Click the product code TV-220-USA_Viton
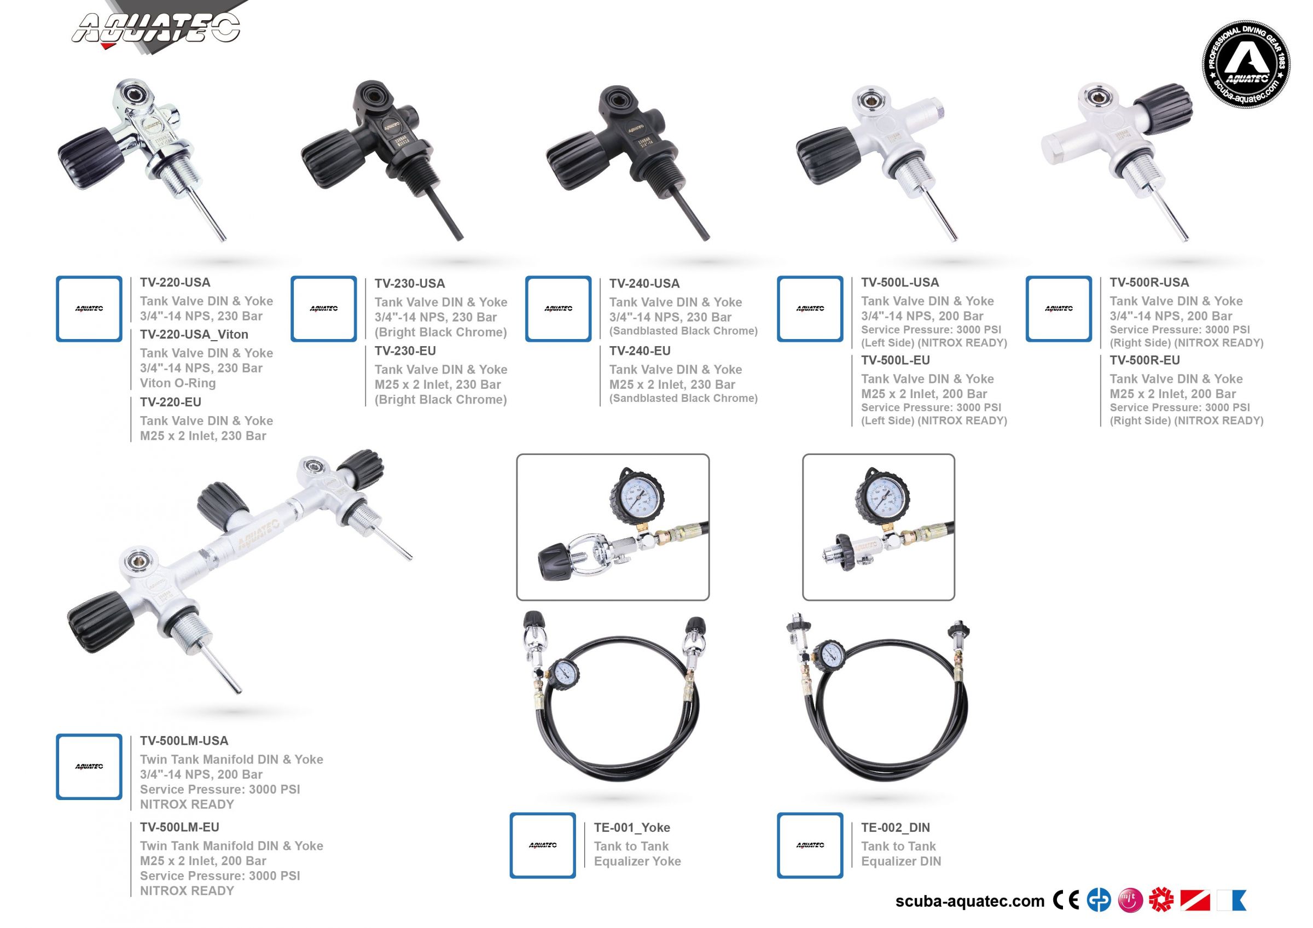(194, 335)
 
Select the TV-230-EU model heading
(405, 351)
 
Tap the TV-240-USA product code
(644, 284)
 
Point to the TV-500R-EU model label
(1144, 360)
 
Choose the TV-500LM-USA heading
(184, 741)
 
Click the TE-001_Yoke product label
(631, 827)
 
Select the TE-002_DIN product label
(895, 827)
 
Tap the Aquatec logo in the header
(155, 28)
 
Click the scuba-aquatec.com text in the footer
(969, 901)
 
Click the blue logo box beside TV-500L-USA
(810, 309)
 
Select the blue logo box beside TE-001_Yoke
(542, 845)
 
